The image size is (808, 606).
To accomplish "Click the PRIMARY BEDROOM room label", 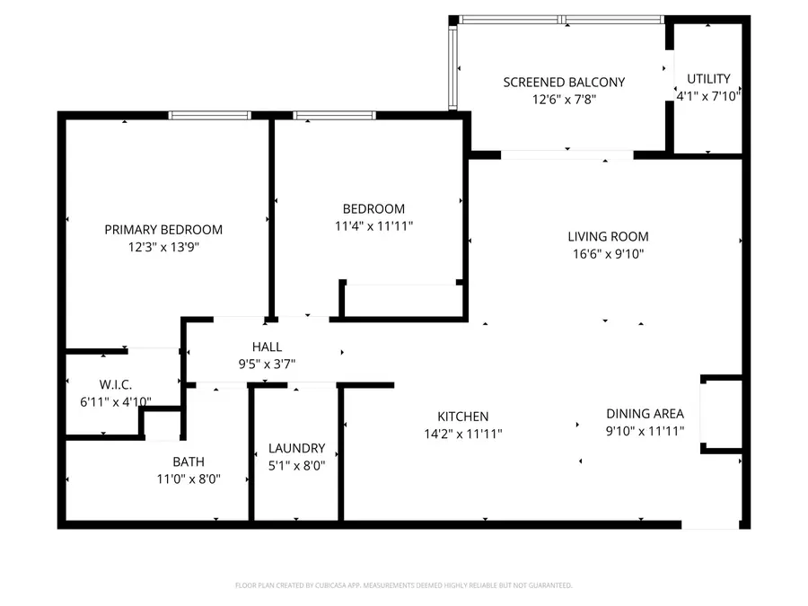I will point(163,230).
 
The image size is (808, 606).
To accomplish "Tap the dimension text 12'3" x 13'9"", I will point(163,247).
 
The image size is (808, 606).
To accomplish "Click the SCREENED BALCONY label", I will point(564,82).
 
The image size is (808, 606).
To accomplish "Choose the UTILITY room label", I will point(708,78).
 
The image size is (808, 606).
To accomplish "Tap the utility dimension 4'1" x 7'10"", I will point(708,95).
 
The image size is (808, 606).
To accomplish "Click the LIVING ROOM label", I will point(608,237).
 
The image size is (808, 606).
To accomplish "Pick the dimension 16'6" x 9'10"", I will point(608,254).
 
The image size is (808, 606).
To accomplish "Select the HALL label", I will point(267,347).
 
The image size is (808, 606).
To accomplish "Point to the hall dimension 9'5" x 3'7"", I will point(267,364).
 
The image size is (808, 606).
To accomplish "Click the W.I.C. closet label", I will point(116,384).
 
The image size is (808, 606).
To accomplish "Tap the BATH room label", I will point(189,462).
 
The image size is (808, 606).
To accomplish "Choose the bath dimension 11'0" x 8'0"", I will point(189,479).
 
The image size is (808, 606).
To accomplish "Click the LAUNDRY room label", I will point(297,448).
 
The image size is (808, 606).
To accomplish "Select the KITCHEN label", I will point(462,417).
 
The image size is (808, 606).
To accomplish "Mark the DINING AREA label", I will point(645,414).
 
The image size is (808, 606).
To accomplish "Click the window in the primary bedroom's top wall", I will point(210,115).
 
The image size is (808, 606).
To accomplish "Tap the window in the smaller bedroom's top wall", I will point(334,115).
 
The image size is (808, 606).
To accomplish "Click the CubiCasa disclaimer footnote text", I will point(403,585).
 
